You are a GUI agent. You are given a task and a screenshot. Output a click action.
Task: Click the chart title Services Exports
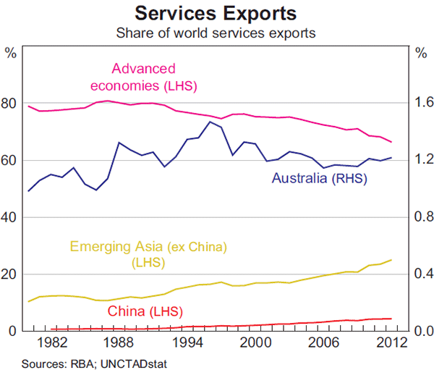coord(217,13)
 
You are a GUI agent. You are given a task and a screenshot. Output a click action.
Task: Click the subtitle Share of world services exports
coord(217,33)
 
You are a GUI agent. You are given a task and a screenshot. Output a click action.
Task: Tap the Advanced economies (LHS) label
coord(144,77)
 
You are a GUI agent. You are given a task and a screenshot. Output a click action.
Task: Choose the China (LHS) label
coord(145,311)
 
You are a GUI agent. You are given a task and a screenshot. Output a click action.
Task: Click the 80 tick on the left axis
coord(10,104)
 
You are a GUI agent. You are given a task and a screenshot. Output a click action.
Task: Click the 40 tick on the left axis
coord(10,217)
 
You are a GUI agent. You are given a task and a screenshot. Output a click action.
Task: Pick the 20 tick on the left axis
coord(10,274)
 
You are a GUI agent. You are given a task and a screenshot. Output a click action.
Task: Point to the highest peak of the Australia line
coord(210,122)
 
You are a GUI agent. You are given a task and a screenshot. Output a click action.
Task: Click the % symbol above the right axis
coord(422,52)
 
